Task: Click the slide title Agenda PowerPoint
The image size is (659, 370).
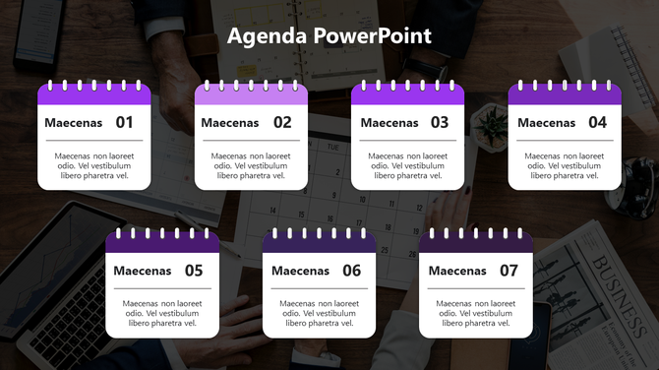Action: pos(329,36)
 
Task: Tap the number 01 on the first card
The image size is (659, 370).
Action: pos(125,123)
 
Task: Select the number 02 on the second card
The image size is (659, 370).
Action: pos(282,123)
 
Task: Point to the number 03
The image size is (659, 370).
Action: pos(440,123)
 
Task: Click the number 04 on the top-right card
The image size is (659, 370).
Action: pos(597,123)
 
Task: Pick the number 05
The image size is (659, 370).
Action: pos(194,271)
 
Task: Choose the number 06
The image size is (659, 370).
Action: pos(351,271)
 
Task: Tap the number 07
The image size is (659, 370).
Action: pos(509,271)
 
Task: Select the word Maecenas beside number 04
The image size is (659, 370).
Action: pos(547,123)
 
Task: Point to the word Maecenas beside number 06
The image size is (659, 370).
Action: pos(301,271)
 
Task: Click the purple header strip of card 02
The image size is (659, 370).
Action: pos(251,96)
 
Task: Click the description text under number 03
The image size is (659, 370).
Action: pos(408,166)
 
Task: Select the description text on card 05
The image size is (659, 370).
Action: pos(162,314)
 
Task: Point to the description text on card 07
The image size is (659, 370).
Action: pos(476,314)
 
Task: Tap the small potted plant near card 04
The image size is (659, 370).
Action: pos(489,125)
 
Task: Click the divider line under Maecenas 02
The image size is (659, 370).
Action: pos(251,141)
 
